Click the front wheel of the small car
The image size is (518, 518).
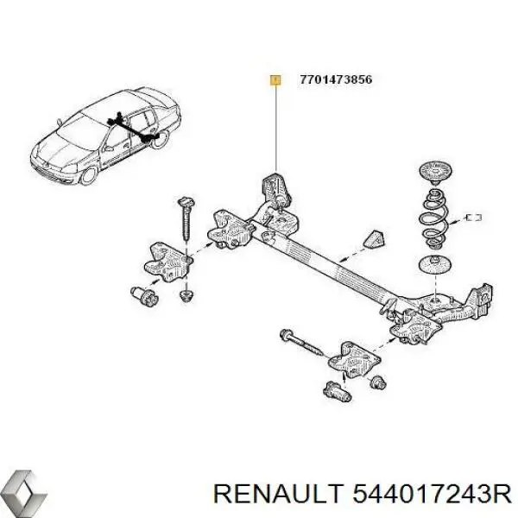tap(88, 175)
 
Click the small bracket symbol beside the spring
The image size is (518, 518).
tap(474, 216)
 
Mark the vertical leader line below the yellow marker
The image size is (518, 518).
tap(275, 129)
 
